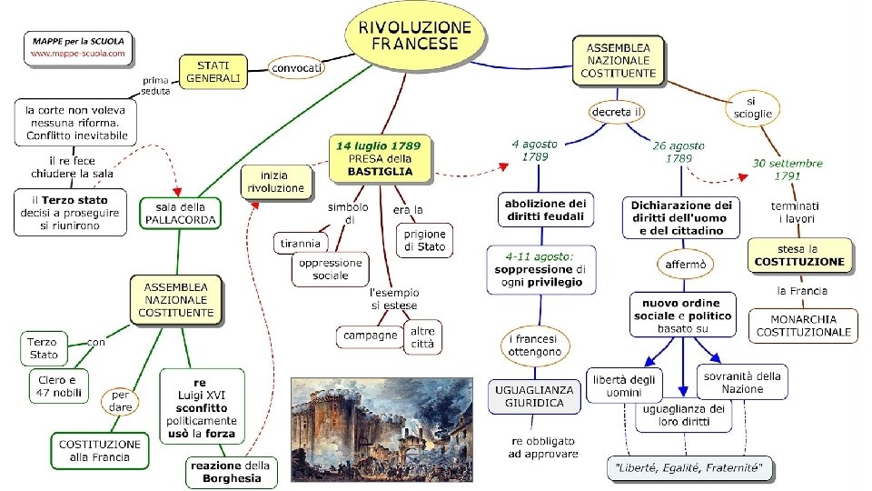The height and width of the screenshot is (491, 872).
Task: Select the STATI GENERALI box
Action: [214, 72]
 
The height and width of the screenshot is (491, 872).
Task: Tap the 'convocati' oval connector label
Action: [298, 67]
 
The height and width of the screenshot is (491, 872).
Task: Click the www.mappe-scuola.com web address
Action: [78, 55]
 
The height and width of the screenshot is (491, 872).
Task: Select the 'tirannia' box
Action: [301, 243]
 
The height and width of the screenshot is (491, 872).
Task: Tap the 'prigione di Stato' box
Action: [425, 240]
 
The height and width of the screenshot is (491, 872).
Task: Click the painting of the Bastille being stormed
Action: [381, 427]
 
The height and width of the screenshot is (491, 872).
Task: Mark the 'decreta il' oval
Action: [618, 112]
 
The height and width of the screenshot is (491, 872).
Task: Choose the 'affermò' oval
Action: [683, 265]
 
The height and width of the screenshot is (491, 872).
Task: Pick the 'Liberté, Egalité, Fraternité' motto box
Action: [690, 469]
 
